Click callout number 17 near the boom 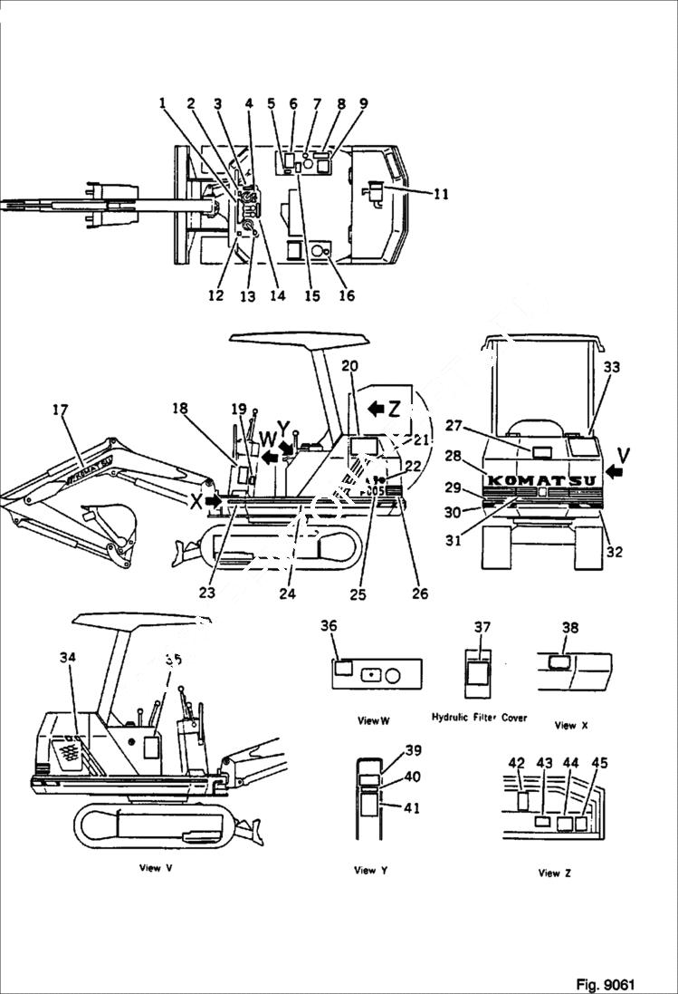61,410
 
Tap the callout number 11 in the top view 441,193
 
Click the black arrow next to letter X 214,499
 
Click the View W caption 373,720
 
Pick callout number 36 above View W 329,626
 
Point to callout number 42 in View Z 516,763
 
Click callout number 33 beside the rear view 612,368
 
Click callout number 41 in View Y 412,809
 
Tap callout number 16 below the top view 347,295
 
